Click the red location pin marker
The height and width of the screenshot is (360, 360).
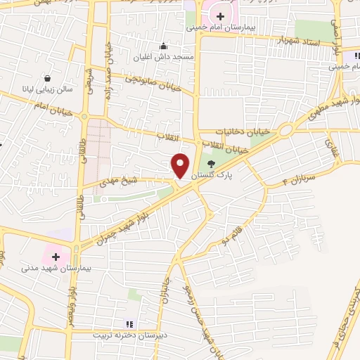coord(180,165)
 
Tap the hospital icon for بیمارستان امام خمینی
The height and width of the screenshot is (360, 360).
coord(221,16)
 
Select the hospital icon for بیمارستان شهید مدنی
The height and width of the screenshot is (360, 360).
coord(56,257)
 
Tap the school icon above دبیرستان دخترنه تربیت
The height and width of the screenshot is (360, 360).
coord(129,324)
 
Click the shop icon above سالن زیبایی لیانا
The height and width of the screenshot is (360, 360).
coord(47,79)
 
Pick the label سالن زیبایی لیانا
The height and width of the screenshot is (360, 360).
coord(48,91)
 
